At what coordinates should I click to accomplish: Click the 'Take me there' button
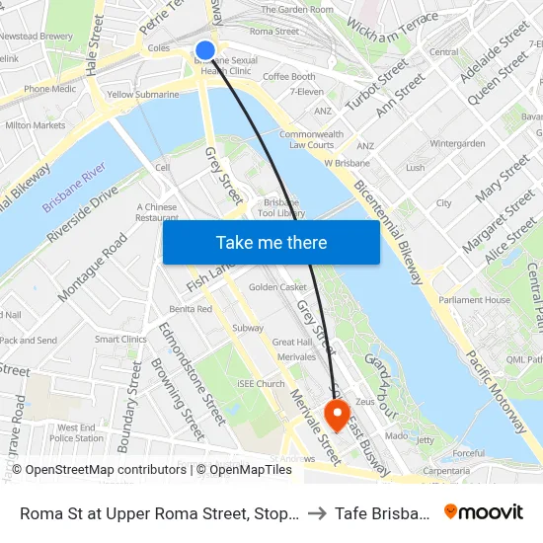271,242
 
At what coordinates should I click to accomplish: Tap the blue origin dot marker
205,50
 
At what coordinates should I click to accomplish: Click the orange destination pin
337,415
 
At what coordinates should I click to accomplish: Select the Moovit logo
484,511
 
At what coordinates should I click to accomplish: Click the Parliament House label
474,300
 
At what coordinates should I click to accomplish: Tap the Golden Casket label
277,287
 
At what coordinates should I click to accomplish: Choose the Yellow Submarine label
143,95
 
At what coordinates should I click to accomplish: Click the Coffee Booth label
288,77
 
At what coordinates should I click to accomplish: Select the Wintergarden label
457,143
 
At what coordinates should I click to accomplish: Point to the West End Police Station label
76,432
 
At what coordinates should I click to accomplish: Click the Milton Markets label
36,125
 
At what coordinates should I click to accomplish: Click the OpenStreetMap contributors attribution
99,470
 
